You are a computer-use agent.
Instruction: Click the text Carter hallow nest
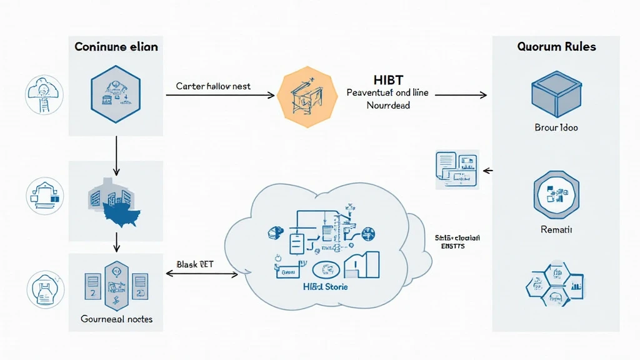pos(213,86)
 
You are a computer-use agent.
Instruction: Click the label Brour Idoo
pos(556,127)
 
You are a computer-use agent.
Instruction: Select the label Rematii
pos(556,230)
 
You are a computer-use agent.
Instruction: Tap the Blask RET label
pos(195,264)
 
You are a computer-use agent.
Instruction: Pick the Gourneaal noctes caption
pos(117,319)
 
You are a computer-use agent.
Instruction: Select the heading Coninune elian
pos(116,47)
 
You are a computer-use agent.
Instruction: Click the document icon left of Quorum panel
pos(456,169)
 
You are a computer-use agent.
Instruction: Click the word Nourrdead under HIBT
pos(388,106)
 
